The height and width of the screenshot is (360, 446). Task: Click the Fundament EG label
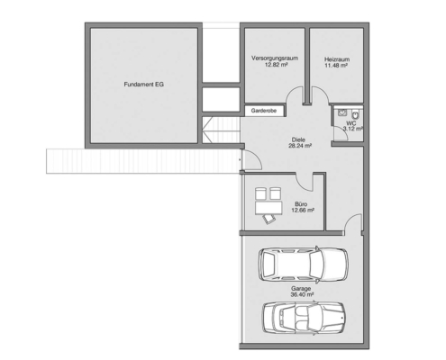tap(143, 85)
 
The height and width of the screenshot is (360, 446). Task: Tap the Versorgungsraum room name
tap(275, 58)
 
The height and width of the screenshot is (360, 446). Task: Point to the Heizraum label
tap(337, 59)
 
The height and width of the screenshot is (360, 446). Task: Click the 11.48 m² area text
tap(336, 65)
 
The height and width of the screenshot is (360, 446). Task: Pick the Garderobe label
tap(264, 111)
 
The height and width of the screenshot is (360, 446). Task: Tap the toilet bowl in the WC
tap(355, 114)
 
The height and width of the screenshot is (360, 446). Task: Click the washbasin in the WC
tap(342, 112)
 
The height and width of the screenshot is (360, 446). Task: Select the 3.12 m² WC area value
tap(353, 129)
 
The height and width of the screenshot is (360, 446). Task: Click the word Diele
tap(298, 139)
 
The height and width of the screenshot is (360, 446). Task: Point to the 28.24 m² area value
tap(300, 146)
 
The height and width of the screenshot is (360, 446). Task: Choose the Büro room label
tap(301, 204)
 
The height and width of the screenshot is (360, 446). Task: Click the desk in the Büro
tap(269, 208)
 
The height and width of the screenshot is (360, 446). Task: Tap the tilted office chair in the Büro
tap(269, 219)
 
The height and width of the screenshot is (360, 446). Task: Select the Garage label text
tap(301, 289)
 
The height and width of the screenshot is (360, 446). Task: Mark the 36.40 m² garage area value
tap(302, 294)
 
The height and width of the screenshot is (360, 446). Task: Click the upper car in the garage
tap(304, 264)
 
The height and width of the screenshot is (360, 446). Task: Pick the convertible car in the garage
tap(304, 318)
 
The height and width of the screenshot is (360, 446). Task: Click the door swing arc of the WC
tap(344, 131)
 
